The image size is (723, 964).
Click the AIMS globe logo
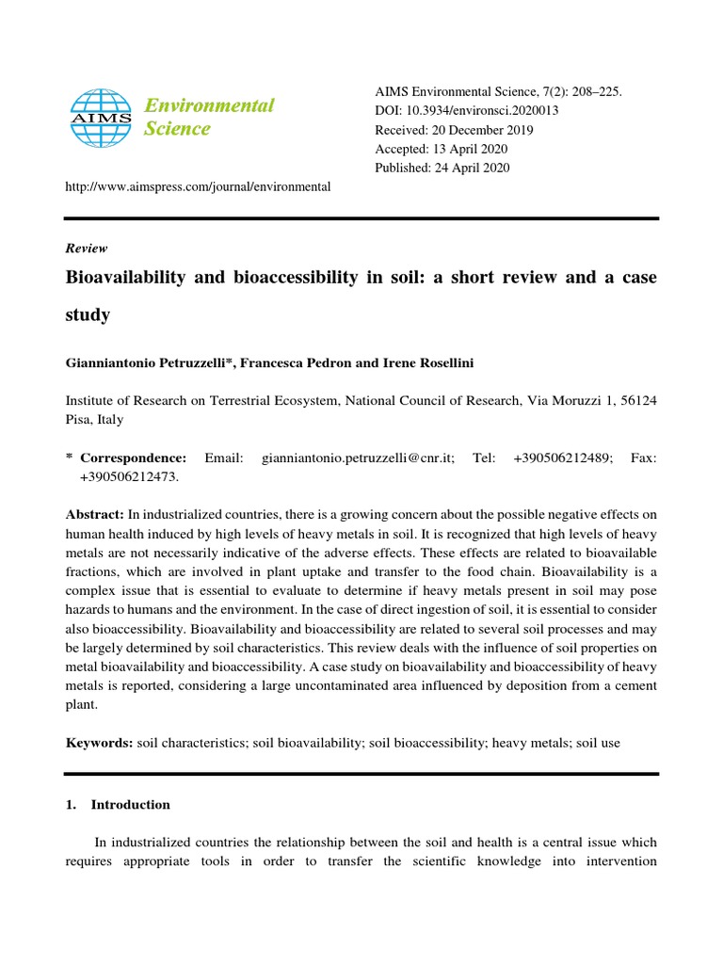click(102, 118)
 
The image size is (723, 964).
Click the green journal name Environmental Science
click(208, 117)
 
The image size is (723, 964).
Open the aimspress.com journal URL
click(198, 186)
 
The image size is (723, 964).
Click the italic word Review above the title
click(87, 249)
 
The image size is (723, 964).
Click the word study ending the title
click(88, 314)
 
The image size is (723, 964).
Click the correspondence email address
click(359, 458)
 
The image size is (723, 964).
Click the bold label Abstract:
click(94, 514)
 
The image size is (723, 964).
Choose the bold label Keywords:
click(99, 743)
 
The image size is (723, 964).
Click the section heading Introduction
click(130, 805)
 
